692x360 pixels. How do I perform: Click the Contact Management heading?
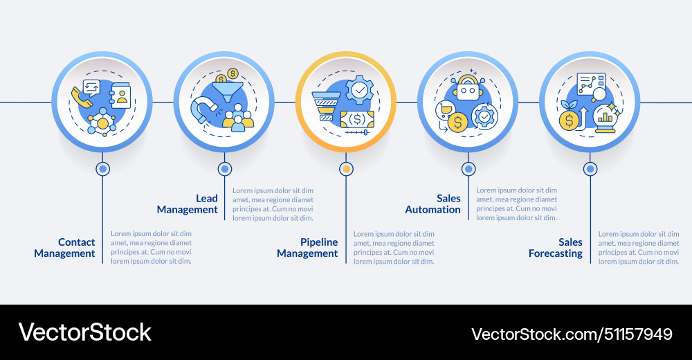(x=65, y=248)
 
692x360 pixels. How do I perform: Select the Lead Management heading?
(x=188, y=204)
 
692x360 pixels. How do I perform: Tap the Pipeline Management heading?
(x=308, y=248)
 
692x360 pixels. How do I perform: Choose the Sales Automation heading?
(x=433, y=204)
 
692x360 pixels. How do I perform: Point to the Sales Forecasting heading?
(x=556, y=248)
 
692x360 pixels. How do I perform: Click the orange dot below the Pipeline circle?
(x=347, y=168)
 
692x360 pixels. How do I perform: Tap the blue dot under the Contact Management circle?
(x=103, y=168)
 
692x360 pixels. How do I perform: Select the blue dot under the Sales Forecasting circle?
(x=590, y=168)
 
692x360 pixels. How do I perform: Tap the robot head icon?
(x=468, y=91)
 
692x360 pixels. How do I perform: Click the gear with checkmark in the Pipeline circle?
(x=359, y=91)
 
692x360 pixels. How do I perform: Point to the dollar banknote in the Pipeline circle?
(x=357, y=118)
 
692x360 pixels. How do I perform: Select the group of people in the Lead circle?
(x=238, y=118)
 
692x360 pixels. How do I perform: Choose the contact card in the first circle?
(x=120, y=96)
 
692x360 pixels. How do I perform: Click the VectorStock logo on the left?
(x=84, y=332)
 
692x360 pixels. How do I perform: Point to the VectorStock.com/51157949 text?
(x=572, y=334)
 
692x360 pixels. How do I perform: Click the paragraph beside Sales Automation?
(x=516, y=204)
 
